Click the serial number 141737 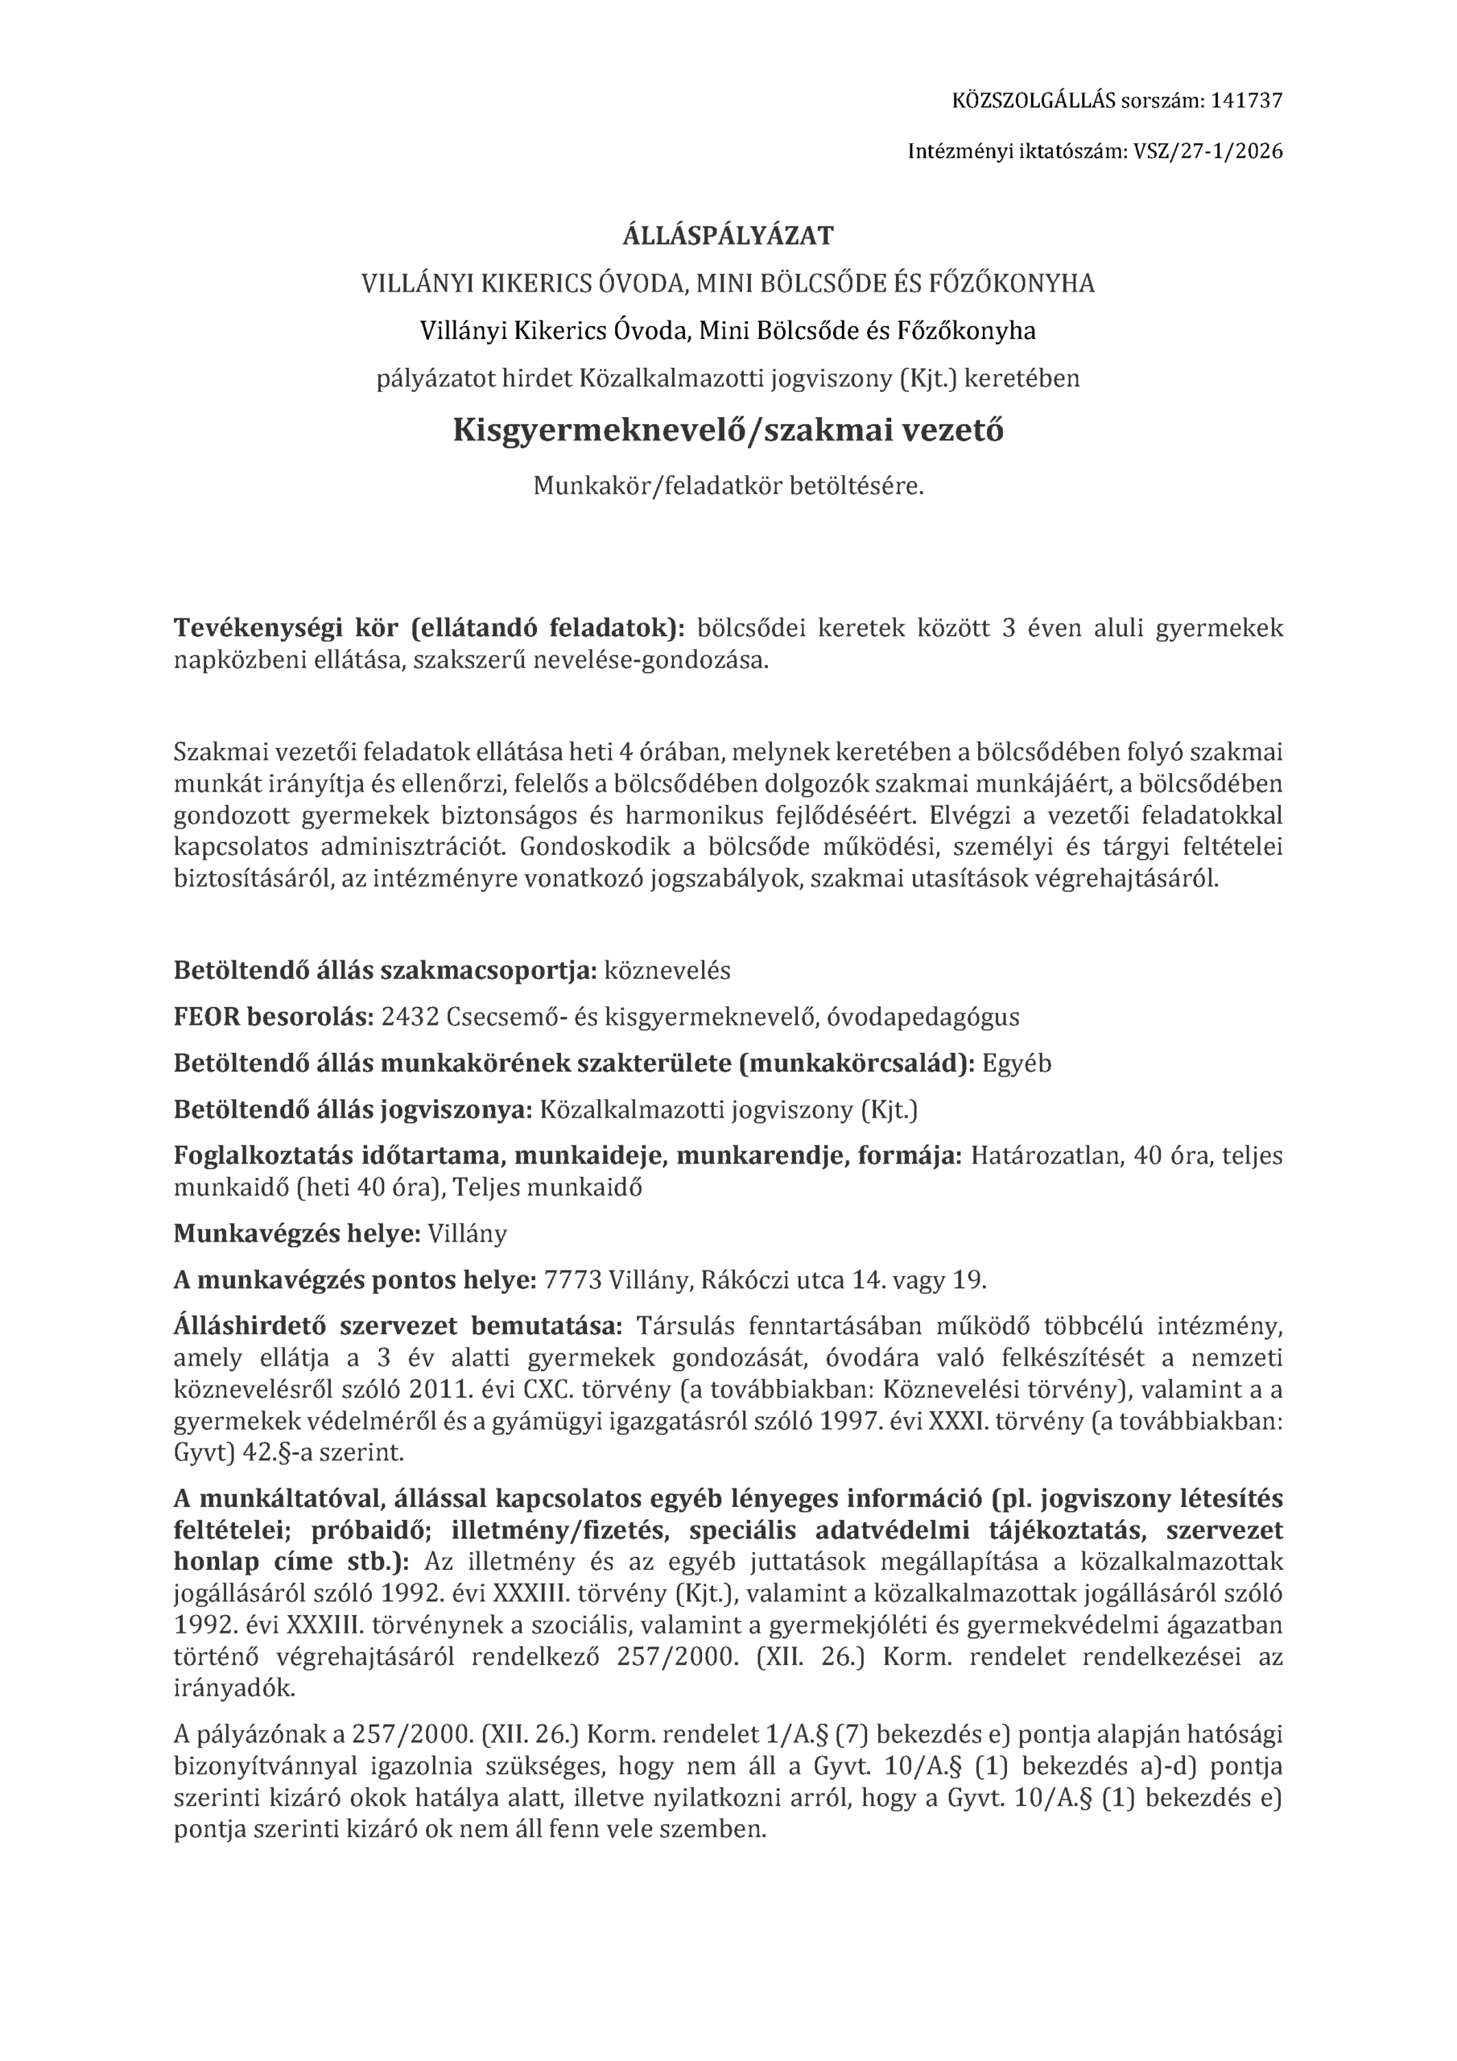pos(1246,101)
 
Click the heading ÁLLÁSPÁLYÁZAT pos(728,236)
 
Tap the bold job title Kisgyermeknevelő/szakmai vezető pos(728,431)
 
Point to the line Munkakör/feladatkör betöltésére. pos(728,486)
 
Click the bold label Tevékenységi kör pos(287,628)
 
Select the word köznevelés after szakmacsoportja pos(668,970)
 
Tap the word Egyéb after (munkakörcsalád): pos(1017,1064)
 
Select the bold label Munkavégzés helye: pos(297,1233)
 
